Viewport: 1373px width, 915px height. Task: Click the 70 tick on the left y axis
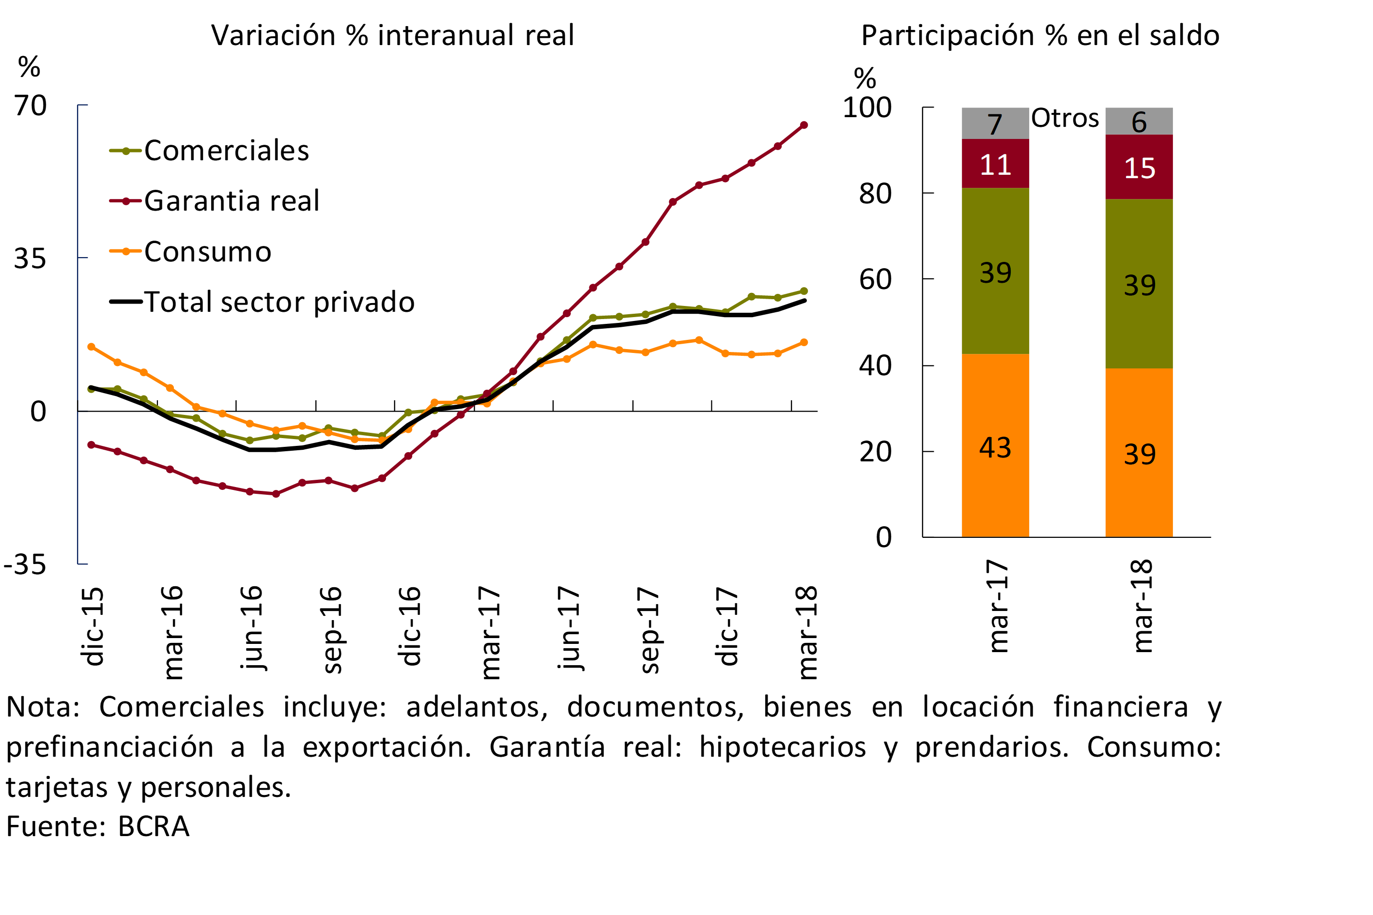[x=31, y=106]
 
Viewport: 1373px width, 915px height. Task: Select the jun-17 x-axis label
[x=569, y=628]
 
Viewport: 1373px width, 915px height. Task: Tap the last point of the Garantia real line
[x=804, y=125]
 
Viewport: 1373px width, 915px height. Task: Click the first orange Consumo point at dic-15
[x=91, y=347]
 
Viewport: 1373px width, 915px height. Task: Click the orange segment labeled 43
[x=995, y=446]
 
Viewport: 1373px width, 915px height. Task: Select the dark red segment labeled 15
[x=1139, y=168]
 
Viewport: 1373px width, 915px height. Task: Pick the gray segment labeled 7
[x=995, y=123]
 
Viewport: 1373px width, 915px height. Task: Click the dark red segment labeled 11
[x=995, y=164]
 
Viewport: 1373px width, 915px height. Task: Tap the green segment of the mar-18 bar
[x=1139, y=284]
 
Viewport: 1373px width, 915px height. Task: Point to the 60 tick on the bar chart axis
[x=875, y=279]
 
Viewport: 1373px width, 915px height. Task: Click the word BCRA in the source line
[x=154, y=826]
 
